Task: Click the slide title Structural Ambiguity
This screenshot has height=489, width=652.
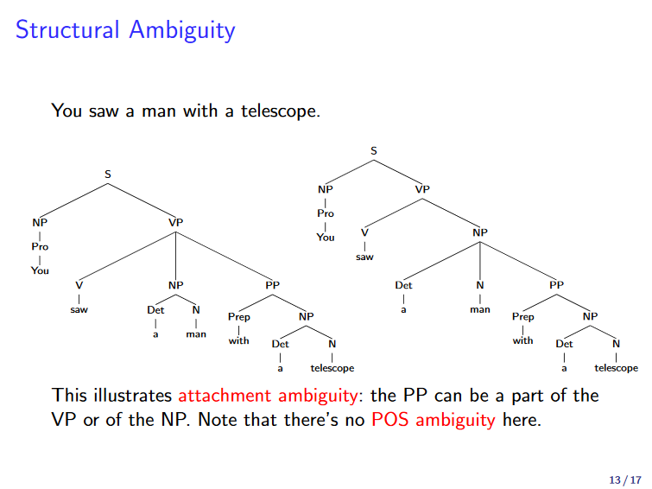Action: tap(125, 30)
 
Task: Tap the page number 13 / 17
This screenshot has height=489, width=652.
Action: tap(625, 479)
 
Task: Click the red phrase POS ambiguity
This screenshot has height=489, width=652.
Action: tap(433, 421)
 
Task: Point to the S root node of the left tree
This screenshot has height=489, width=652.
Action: tap(108, 175)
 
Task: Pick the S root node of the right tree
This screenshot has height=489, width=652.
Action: tap(374, 150)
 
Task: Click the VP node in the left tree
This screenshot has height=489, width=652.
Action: tap(176, 222)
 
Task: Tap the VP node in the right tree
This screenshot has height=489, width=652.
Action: tap(421, 189)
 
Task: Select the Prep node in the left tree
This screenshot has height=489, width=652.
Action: tap(239, 317)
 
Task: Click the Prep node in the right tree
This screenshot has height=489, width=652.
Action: tap(523, 317)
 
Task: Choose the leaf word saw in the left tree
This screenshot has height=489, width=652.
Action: tap(79, 308)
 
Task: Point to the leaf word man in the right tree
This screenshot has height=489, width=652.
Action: tap(480, 308)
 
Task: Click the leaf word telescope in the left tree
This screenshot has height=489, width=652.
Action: tap(332, 368)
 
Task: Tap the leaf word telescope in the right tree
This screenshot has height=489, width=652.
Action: tap(617, 368)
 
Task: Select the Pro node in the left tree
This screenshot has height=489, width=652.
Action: tap(40, 246)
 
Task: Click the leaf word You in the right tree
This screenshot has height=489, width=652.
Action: tap(325, 237)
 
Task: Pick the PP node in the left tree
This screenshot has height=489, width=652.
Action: tap(273, 284)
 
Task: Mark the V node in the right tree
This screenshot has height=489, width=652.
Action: tap(364, 232)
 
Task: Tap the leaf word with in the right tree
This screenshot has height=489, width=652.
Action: tap(523, 340)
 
